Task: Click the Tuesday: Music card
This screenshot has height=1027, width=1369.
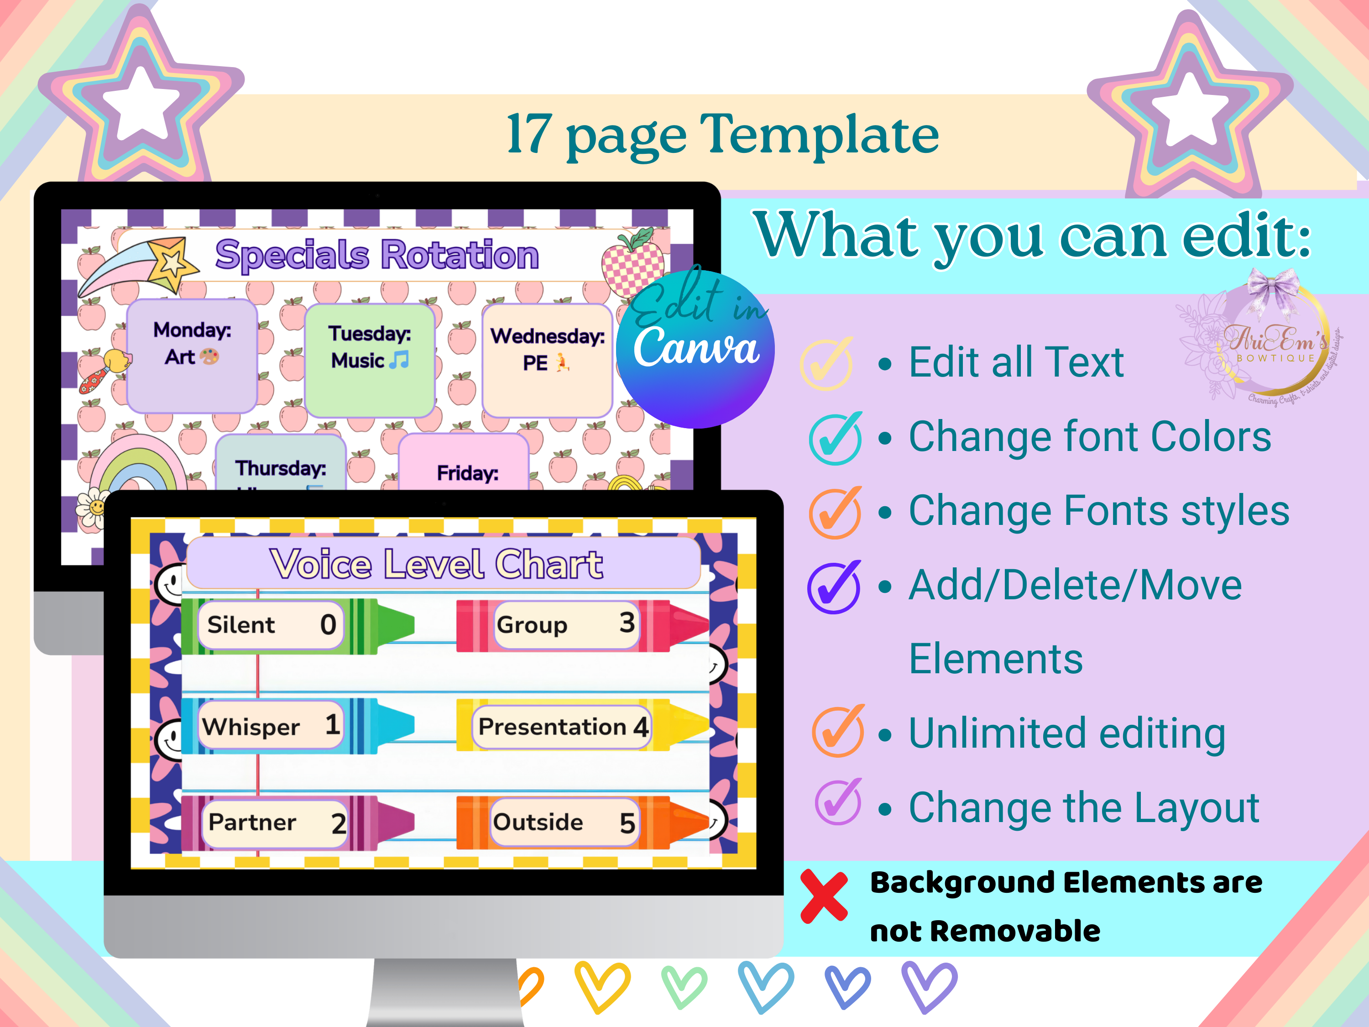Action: click(370, 359)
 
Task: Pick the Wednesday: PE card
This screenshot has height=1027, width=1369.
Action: click(547, 359)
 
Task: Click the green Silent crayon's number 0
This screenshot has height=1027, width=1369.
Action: click(328, 624)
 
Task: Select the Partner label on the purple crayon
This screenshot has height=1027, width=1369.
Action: click(252, 822)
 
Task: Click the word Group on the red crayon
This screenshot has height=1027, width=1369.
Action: click(532, 624)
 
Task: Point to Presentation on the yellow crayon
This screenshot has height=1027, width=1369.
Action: click(552, 726)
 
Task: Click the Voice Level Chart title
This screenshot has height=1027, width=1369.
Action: click(436, 564)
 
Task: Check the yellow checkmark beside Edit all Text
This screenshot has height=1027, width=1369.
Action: click(827, 364)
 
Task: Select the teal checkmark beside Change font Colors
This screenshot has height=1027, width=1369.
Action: click(835, 438)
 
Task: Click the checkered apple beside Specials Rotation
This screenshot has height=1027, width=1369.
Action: click(633, 265)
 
